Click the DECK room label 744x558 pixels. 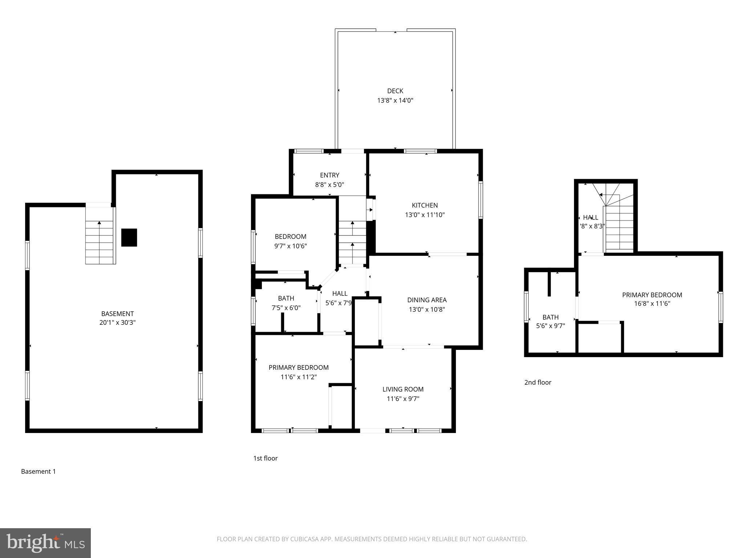[x=395, y=91]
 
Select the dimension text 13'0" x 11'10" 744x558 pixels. [x=425, y=215]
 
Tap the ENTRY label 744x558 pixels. [x=329, y=175]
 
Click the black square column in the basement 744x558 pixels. [x=129, y=238]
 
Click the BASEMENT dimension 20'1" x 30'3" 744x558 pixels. [x=117, y=323]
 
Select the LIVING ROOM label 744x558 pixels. [x=403, y=389]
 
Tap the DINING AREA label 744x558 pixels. [x=427, y=300]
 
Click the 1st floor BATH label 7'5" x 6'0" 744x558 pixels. [x=286, y=303]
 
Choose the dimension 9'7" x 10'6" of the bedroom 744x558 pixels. [x=290, y=246]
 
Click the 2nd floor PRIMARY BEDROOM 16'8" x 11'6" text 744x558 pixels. [x=652, y=299]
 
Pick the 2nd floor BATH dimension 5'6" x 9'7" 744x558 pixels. [x=550, y=326]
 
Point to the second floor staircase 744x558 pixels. [x=619, y=228]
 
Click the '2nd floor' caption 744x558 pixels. [x=538, y=382]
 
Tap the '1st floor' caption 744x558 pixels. [x=265, y=458]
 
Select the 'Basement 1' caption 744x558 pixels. [x=38, y=472]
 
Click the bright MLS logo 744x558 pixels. [x=45, y=543]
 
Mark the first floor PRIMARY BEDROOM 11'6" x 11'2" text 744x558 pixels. [x=299, y=372]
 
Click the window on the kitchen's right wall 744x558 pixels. [x=481, y=200]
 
